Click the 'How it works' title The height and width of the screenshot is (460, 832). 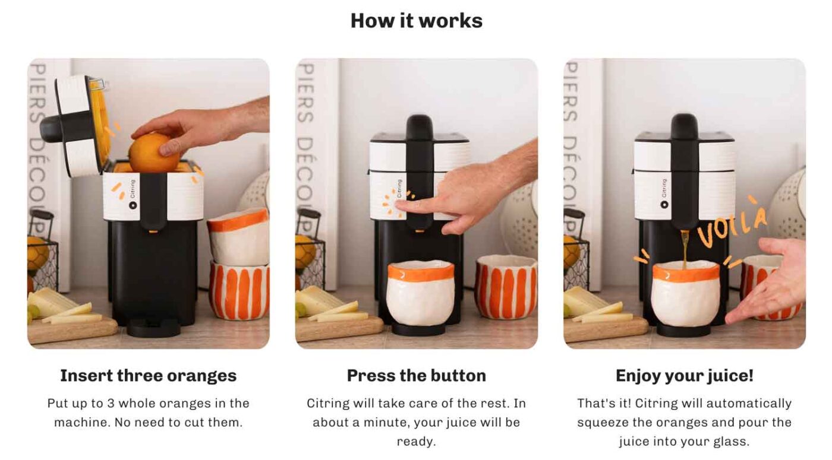[417, 20]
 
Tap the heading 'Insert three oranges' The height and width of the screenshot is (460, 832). [148, 376]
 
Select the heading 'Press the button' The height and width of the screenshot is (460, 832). [417, 375]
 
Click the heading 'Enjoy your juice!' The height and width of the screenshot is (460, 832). [685, 375]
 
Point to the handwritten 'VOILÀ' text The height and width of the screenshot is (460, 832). [732, 224]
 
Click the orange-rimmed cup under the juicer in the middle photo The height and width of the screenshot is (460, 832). [421, 293]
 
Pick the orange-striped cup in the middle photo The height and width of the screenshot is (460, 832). [506, 287]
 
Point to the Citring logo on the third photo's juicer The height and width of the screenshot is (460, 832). [664, 193]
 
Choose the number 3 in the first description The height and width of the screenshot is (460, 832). [111, 403]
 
